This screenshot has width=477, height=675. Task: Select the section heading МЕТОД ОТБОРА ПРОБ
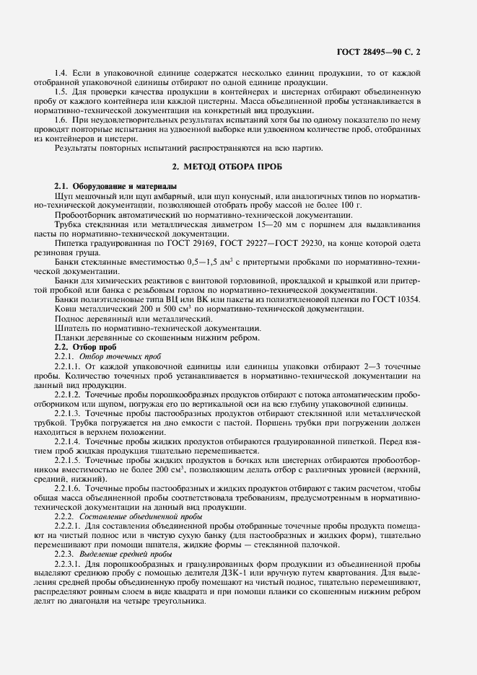237,167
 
